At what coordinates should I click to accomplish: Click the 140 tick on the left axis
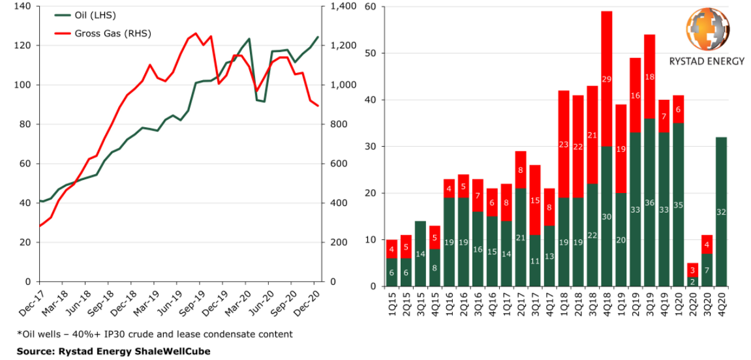(23, 7)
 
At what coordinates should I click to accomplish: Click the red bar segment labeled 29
(606, 78)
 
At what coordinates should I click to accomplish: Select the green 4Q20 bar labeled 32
(722, 211)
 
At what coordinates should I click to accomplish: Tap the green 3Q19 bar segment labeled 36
(649, 202)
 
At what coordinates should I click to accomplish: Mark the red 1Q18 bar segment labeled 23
(564, 144)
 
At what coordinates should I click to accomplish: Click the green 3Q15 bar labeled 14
(420, 254)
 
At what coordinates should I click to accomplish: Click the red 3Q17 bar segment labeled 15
(535, 200)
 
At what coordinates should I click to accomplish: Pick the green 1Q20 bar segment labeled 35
(679, 205)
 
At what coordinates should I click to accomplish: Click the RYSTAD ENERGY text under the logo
(707, 61)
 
